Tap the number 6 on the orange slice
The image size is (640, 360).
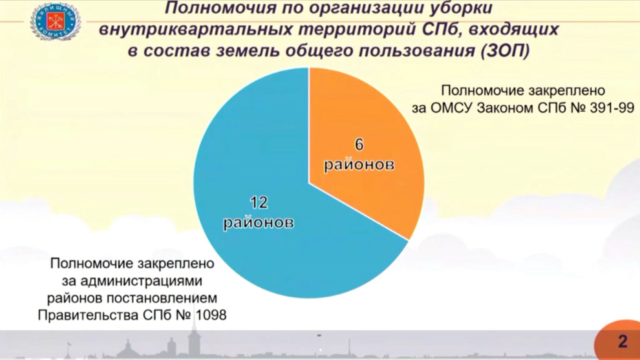(x=359, y=145)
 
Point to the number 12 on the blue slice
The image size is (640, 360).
(x=259, y=202)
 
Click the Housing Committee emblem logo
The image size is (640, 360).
(x=56, y=21)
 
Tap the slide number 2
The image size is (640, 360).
(x=623, y=341)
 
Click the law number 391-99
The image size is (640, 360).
(x=612, y=108)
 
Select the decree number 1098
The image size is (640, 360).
(x=211, y=315)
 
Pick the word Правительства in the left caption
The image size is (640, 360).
(x=88, y=315)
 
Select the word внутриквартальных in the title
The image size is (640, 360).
(x=195, y=29)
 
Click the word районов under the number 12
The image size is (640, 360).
(x=259, y=222)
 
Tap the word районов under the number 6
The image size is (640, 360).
(x=359, y=165)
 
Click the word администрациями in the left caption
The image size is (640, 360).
(x=141, y=281)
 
